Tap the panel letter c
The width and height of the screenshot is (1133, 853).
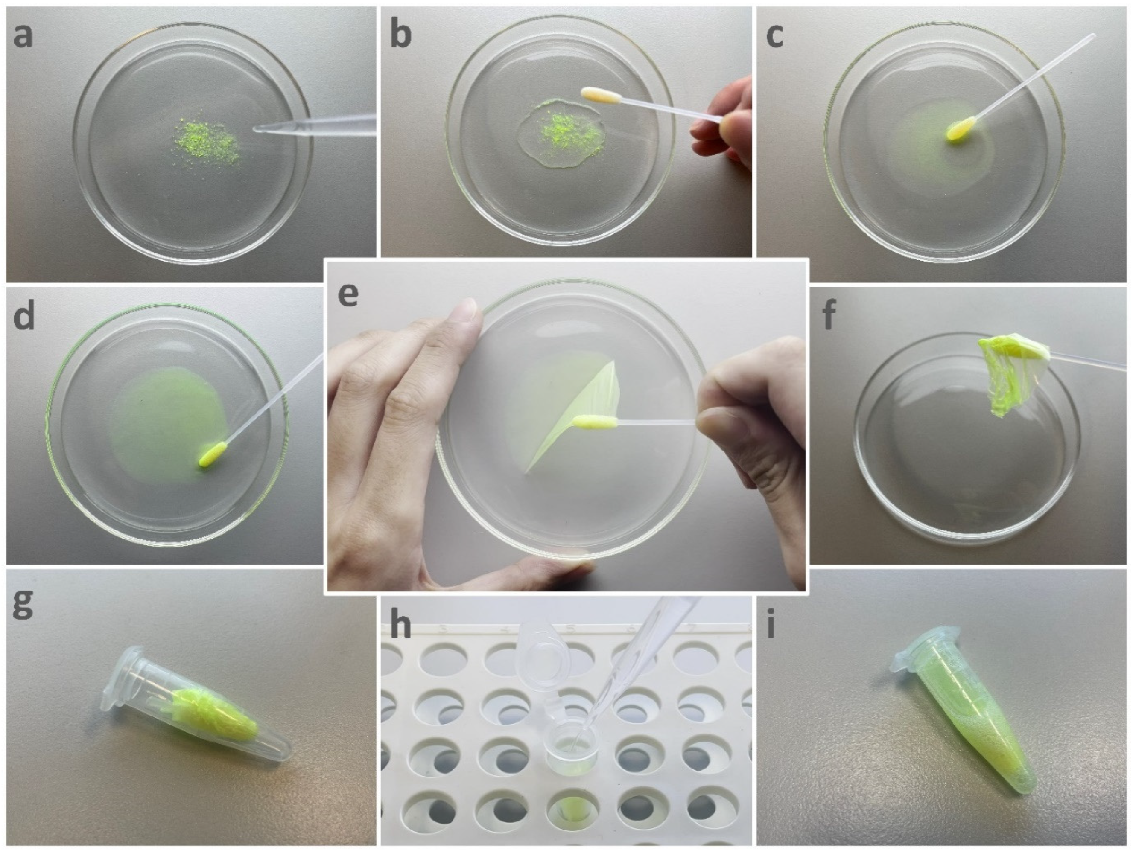pyautogui.click(x=774, y=36)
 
